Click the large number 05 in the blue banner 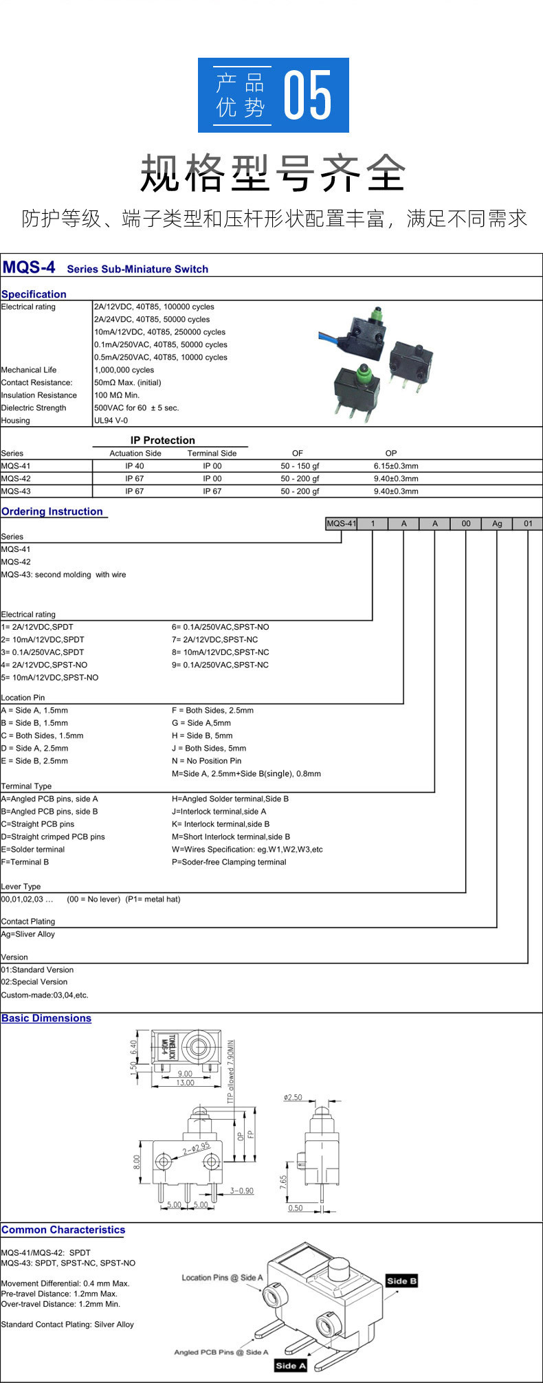click(308, 95)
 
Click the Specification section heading click(34, 294)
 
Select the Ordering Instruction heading click(52, 511)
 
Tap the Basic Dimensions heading click(46, 1018)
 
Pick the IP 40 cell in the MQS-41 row click(135, 466)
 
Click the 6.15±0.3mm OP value click(395, 466)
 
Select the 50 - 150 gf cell click(300, 466)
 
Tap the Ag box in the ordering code click(497, 524)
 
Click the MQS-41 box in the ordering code click(341, 524)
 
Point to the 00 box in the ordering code click(466, 524)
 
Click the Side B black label click(401, 1281)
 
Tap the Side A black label click(290, 1365)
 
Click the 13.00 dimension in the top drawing click(186, 1083)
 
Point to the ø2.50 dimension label click(293, 1098)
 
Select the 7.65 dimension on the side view click(283, 1182)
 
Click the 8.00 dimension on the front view click(136, 1162)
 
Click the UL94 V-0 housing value click(111, 421)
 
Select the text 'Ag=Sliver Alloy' click(28, 934)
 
